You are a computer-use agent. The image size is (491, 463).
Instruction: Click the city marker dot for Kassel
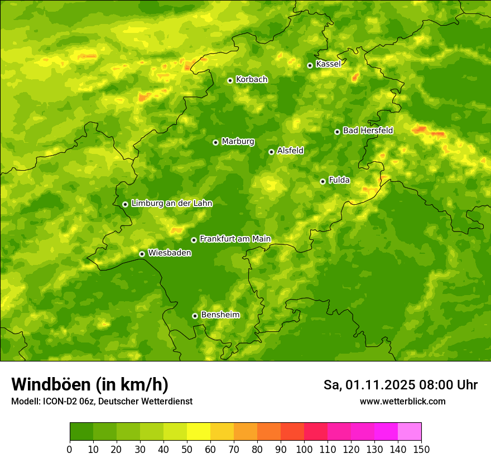tap(310, 65)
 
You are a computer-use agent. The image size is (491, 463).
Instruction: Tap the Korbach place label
tap(252, 80)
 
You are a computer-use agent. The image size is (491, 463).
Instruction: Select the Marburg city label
tap(238, 142)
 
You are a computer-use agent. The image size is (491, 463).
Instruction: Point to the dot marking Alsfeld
tap(271, 152)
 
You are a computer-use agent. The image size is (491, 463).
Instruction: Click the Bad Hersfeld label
tap(368, 131)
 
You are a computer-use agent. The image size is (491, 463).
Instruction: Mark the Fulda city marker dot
tap(322, 181)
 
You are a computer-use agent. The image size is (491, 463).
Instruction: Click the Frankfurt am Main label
tap(235, 239)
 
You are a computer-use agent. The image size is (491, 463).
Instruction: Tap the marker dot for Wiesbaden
tap(142, 254)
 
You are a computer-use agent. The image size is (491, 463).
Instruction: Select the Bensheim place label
tap(220, 315)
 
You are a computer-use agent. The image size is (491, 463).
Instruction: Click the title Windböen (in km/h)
tap(90, 385)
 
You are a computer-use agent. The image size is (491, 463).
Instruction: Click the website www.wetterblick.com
tap(402, 402)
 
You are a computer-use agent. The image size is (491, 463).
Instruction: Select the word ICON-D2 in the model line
tap(57, 402)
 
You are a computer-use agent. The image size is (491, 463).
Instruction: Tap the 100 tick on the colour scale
tap(304, 449)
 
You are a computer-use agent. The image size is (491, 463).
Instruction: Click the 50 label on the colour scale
tap(187, 449)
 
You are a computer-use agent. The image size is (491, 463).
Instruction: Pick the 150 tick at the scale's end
tap(421, 449)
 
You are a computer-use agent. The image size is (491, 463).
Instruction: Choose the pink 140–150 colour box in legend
tap(410, 432)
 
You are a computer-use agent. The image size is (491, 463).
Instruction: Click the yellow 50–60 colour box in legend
tap(199, 432)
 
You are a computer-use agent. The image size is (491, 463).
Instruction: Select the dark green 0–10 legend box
tap(81, 432)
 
